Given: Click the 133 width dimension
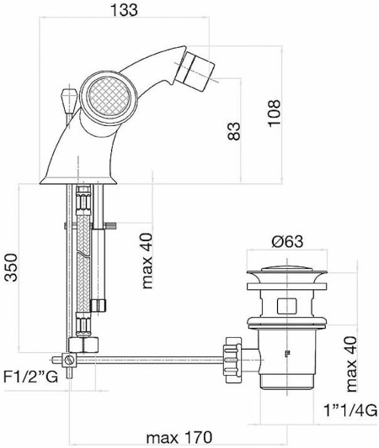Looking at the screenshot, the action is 124,10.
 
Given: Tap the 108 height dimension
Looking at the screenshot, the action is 274,113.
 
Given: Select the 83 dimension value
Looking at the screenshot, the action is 233,131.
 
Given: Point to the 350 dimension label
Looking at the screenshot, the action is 12,267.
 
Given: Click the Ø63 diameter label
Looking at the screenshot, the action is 286,242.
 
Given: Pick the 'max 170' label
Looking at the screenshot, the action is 179,437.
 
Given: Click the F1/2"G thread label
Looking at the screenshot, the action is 31,377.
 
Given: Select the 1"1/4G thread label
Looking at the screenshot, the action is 350,411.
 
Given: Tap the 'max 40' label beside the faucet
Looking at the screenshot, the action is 147,261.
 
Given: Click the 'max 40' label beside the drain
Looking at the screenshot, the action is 351,364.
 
